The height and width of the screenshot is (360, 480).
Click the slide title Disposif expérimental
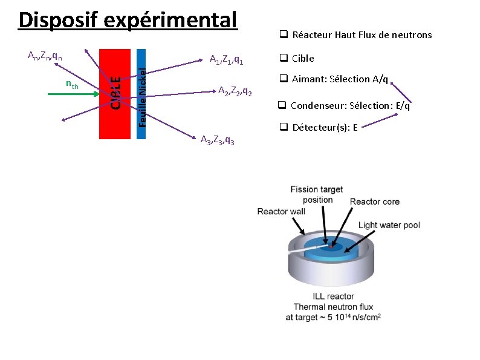(x=128, y=20)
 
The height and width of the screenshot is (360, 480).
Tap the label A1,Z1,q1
(x=226, y=60)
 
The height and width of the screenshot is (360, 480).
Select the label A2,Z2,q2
(x=239, y=91)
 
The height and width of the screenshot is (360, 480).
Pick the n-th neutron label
(x=71, y=85)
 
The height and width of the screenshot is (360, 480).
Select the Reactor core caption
(x=374, y=201)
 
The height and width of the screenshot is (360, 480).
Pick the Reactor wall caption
(x=281, y=211)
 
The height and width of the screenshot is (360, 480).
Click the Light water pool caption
(x=389, y=225)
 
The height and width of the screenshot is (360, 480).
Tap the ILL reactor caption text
(x=333, y=296)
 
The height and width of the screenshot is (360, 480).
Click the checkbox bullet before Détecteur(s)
(x=282, y=128)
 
